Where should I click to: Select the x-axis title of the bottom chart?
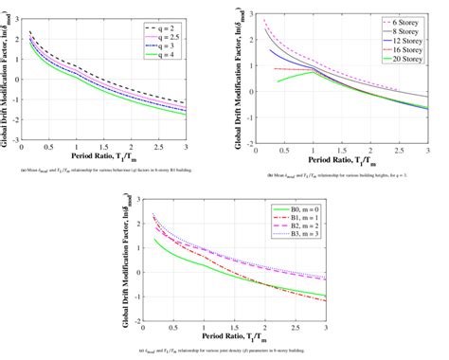pos(224,338)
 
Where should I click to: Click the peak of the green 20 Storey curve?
pos(312,72)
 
